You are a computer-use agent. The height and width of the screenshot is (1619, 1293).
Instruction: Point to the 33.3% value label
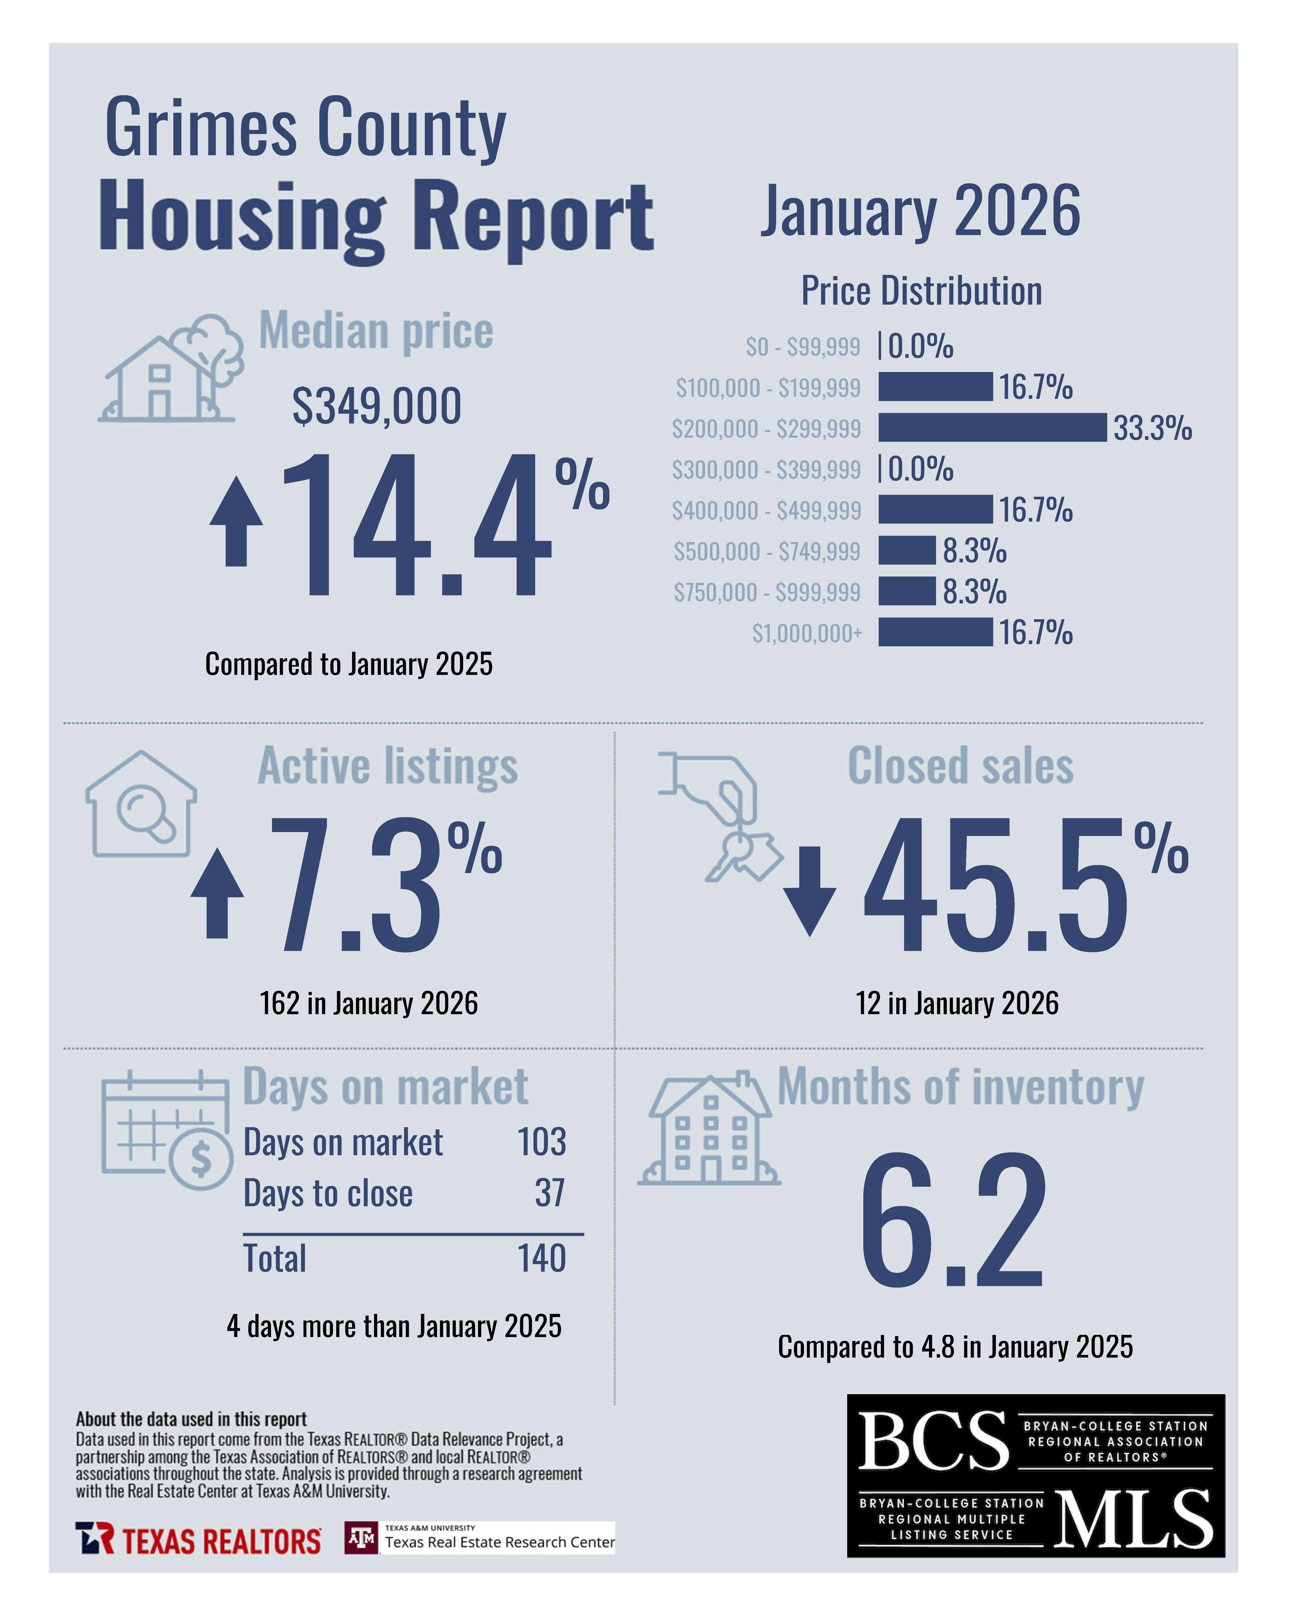coord(1152,428)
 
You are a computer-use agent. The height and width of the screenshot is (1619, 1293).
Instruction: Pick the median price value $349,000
coord(376,406)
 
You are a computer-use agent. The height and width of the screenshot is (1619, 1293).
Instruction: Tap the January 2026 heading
coord(920,211)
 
